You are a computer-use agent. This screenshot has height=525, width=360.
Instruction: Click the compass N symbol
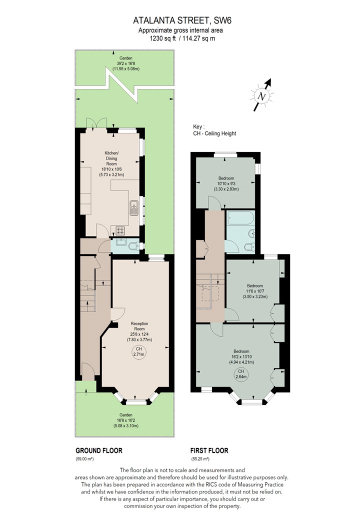[262, 96]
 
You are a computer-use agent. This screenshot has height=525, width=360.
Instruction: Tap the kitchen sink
[133, 208]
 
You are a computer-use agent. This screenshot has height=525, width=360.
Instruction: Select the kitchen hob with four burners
[120, 230]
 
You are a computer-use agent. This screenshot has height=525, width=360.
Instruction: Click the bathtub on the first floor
[240, 219]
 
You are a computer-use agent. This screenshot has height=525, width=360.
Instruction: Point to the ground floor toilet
[134, 246]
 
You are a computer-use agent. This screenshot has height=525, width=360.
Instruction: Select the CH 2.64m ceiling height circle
[241, 374]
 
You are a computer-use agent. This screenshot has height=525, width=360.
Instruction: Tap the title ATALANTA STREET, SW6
[182, 21]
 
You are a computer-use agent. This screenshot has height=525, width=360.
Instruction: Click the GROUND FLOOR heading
[99, 450]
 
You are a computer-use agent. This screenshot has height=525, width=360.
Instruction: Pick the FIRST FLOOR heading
[209, 450]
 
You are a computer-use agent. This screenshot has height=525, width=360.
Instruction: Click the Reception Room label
[139, 326]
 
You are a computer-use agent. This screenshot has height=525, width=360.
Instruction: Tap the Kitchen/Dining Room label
[111, 158]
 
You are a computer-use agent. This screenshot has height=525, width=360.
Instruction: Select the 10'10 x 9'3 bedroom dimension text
[226, 183]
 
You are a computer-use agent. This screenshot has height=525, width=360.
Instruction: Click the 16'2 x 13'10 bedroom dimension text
[241, 357]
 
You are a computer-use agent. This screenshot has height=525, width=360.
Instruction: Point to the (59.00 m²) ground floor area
[84, 459]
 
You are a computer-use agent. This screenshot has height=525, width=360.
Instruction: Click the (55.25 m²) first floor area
[200, 459]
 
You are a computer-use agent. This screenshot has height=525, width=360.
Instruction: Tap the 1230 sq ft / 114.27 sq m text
[182, 38]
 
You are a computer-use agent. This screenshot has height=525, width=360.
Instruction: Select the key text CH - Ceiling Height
[214, 133]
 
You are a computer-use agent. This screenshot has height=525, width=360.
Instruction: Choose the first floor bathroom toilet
[250, 247]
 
